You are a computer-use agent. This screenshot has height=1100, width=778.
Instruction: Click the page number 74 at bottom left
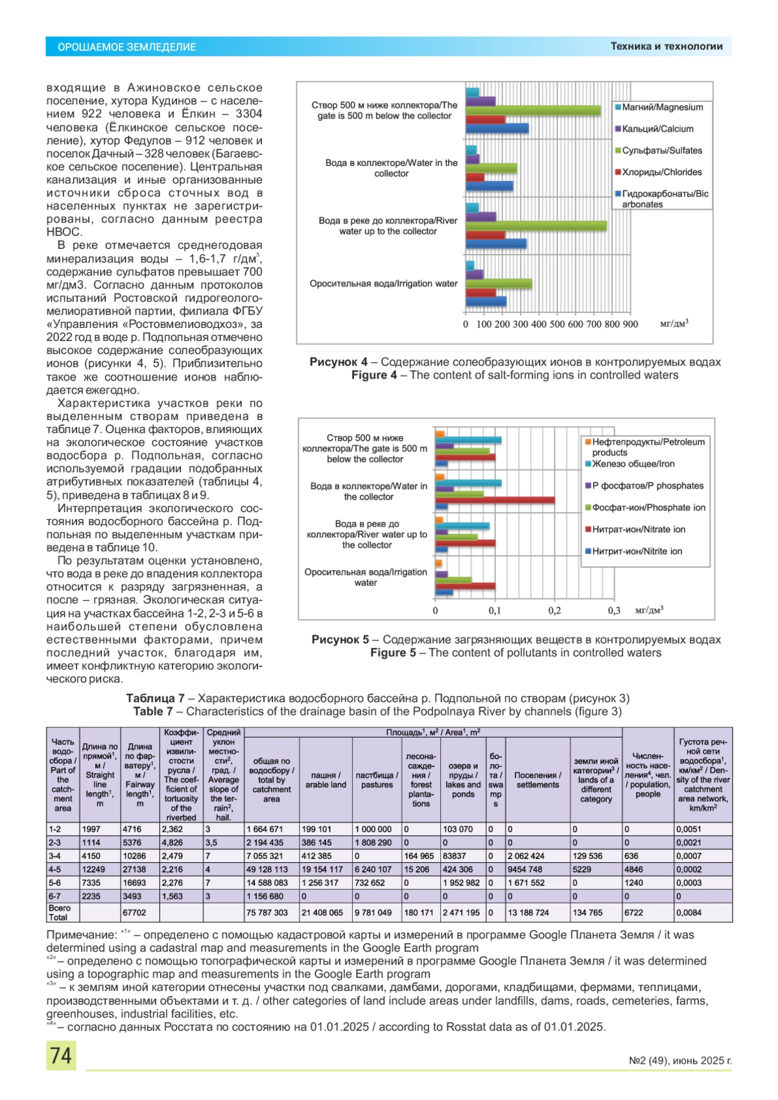(61, 1055)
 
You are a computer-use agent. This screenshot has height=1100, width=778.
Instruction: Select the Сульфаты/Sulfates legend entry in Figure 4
(661, 150)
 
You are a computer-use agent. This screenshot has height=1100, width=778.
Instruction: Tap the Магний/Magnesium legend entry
(662, 108)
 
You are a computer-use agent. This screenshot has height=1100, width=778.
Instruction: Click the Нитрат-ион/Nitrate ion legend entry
(638, 530)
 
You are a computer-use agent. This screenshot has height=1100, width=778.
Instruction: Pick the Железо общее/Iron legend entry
(632, 464)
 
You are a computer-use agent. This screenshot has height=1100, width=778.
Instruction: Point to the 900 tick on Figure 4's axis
(630, 324)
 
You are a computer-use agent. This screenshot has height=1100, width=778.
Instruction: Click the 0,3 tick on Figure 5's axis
(614, 611)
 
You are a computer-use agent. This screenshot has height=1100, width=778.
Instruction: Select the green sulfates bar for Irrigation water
(499, 283)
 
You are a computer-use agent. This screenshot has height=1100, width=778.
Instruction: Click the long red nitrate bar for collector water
(495, 500)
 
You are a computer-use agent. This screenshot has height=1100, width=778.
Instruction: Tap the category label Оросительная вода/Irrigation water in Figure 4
(383, 283)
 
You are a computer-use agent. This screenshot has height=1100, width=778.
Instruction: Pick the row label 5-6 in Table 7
(55, 883)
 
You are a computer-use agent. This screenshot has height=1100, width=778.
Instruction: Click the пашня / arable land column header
(325, 780)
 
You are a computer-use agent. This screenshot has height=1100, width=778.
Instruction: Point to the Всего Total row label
(59, 913)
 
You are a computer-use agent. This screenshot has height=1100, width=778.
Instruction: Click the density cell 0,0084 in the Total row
(689, 913)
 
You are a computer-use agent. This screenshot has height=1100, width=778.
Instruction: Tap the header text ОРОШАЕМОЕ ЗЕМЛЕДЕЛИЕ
(126, 47)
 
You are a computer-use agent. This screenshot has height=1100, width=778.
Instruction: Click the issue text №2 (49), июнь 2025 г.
(680, 1061)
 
